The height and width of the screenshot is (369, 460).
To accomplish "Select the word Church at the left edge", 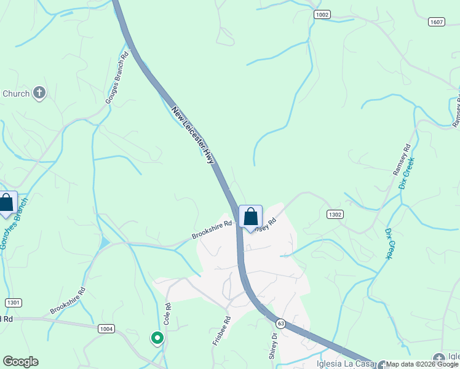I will click(x=16, y=93).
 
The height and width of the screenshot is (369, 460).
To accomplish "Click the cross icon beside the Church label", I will click(x=39, y=93).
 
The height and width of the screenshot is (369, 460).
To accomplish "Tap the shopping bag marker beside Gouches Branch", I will click(x=7, y=204).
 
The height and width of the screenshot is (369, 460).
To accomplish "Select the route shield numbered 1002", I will click(x=322, y=14).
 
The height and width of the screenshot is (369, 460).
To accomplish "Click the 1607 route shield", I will click(x=437, y=22).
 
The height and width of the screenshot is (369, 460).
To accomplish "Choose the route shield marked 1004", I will click(x=106, y=329).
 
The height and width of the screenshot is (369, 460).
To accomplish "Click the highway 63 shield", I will click(x=280, y=323).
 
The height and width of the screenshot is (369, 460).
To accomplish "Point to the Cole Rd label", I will click(x=167, y=314).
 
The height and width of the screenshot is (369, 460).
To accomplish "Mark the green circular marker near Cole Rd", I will click(x=157, y=338).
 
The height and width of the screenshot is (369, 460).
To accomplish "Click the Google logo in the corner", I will click(x=20, y=362).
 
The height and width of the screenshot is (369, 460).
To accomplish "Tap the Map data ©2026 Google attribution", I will click(x=422, y=364).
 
